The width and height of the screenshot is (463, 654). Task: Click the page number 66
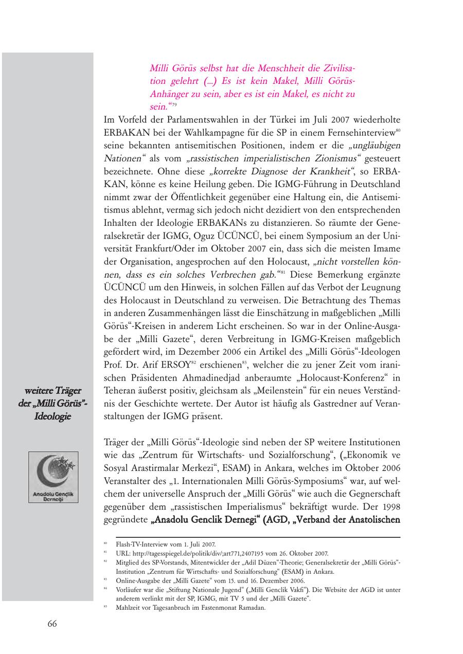coord(52,624)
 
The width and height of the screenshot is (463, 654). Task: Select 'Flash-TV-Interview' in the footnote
coord(136,544)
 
